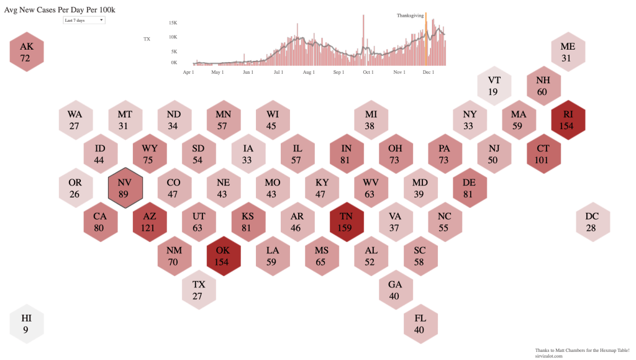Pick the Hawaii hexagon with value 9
[x=26, y=323]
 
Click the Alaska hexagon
[x=26, y=52]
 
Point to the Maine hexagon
[x=568, y=52]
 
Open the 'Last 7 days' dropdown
[x=84, y=20]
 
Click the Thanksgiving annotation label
[x=410, y=15]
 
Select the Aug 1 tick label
[x=308, y=73]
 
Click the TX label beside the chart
[x=147, y=39]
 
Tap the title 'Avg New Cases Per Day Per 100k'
[x=60, y=9]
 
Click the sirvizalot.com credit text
[x=548, y=356]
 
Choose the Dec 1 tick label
[x=429, y=73]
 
